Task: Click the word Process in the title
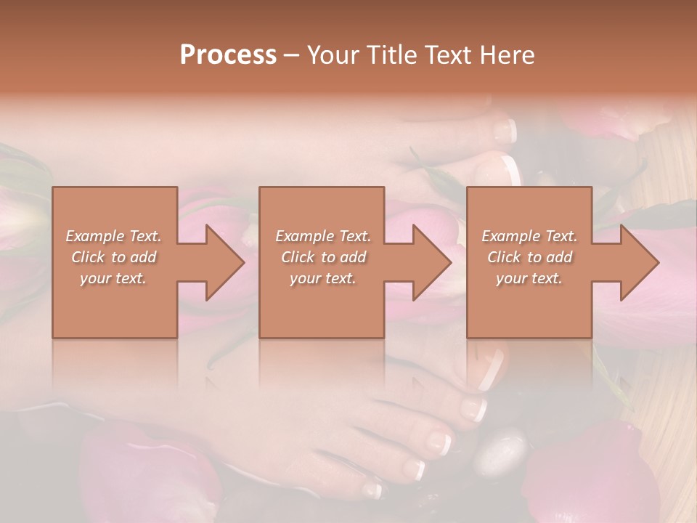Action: [x=228, y=55]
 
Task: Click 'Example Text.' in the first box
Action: [x=114, y=236]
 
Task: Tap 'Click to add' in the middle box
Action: [x=323, y=257]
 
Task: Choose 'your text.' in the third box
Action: [x=529, y=278]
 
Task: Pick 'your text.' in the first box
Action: [x=114, y=278]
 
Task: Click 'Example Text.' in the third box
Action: [x=529, y=236]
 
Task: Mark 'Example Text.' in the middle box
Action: [x=323, y=236]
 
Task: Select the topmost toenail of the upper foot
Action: [x=505, y=131]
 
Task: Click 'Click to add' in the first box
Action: [x=114, y=257]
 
